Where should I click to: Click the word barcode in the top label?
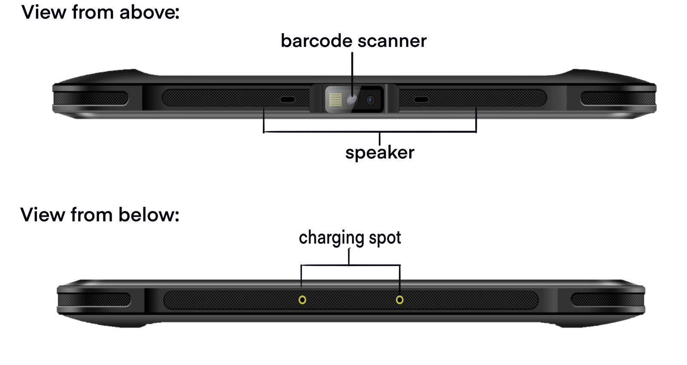[x=316, y=41]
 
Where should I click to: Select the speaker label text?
[x=380, y=153]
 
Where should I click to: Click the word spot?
[x=385, y=238]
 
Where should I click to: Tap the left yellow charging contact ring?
[x=302, y=300]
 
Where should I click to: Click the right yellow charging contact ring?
[x=399, y=300]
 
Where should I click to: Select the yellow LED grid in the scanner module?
[x=335, y=100]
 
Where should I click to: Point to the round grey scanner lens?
[x=352, y=100]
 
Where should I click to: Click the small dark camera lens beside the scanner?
[x=370, y=100]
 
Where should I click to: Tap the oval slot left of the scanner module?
[x=287, y=100]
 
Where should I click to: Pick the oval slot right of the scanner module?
[x=421, y=100]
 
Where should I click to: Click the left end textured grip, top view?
[x=90, y=98]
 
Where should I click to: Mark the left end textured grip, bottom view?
[x=94, y=300]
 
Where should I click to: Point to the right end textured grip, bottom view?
[x=607, y=300]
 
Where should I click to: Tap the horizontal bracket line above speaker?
[x=369, y=132]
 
